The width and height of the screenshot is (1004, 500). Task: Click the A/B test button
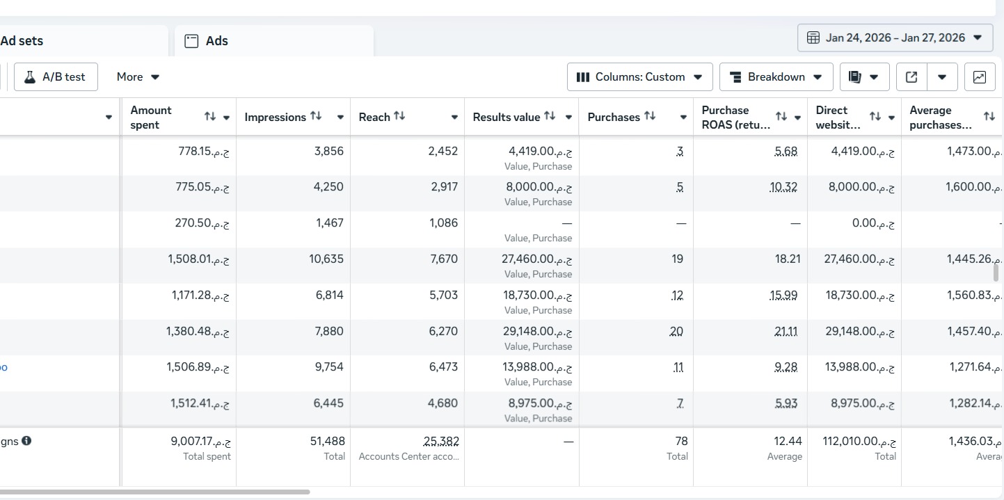click(x=56, y=77)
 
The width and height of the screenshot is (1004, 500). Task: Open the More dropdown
click(x=138, y=77)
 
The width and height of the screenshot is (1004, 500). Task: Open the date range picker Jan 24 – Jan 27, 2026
click(x=895, y=38)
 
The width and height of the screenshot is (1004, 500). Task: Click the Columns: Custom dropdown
click(x=639, y=77)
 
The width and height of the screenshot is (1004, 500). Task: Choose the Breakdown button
click(x=776, y=77)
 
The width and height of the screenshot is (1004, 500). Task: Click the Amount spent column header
click(x=151, y=118)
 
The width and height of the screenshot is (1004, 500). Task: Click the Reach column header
click(x=374, y=118)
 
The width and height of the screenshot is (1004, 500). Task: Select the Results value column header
click(x=507, y=118)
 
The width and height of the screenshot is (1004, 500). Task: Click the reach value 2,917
click(x=443, y=187)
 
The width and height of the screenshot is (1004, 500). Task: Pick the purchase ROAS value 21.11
click(x=786, y=332)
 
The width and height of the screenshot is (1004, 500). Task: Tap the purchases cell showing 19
click(x=677, y=259)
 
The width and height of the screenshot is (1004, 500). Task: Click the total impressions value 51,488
click(x=327, y=441)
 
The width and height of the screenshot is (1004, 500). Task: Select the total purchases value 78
click(x=681, y=441)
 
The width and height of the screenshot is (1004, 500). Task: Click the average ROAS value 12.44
click(x=788, y=441)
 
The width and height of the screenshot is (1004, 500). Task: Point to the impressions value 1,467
click(x=329, y=223)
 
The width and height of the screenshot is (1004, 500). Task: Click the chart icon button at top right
click(x=979, y=77)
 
